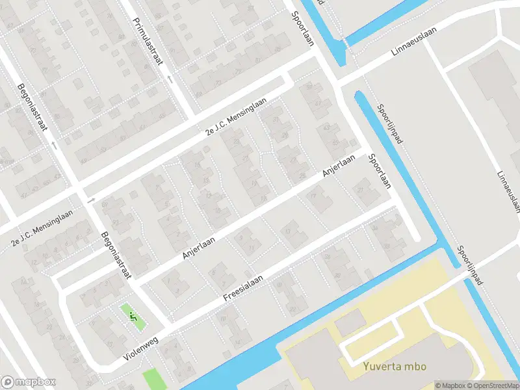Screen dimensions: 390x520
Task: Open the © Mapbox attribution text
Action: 450,385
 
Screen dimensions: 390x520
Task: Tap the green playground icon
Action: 133,317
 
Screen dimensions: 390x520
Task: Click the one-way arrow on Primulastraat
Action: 170,79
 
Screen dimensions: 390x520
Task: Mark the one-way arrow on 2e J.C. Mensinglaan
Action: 90,200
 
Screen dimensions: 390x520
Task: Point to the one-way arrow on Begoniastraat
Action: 54,144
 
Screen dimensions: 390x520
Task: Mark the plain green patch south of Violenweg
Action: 153,378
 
